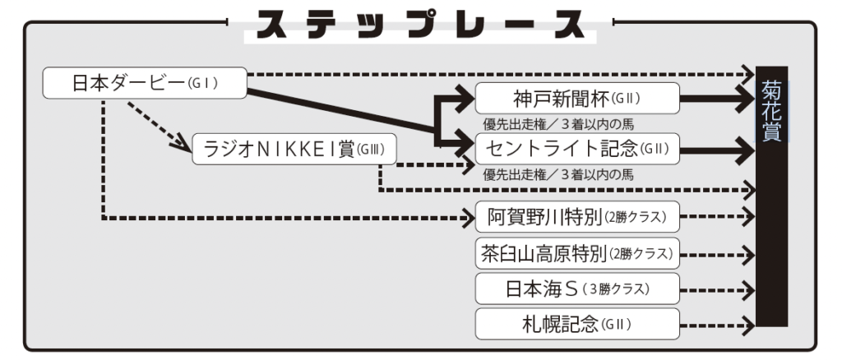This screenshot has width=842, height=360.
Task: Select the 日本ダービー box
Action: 145,83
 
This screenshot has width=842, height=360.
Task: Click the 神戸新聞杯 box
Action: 577,99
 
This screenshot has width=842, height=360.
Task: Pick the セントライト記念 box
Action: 577,149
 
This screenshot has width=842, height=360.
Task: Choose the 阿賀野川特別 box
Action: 577,218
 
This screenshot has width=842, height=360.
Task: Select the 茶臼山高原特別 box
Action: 577,254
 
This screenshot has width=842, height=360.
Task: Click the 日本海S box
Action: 577,289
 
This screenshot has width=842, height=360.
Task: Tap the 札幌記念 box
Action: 577,325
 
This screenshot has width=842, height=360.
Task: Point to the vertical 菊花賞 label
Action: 771,111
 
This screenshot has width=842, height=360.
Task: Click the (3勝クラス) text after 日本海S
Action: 616,290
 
